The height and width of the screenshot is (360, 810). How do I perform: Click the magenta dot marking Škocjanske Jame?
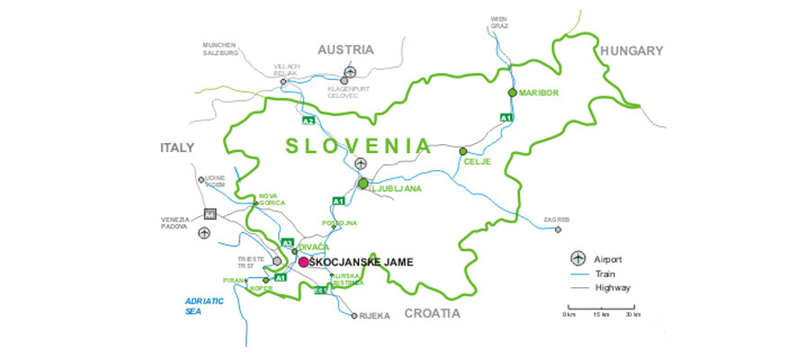(x=303, y=262)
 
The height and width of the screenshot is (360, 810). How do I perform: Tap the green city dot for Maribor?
(x=512, y=92)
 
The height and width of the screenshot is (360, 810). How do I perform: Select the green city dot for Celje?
(x=463, y=151)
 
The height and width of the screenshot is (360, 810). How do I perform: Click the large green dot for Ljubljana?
(x=364, y=184)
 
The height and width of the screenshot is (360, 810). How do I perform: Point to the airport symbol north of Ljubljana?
(x=360, y=165)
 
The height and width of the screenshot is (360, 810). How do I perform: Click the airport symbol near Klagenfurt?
(x=351, y=70)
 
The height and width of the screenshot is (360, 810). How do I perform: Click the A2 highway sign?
(x=309, y=121)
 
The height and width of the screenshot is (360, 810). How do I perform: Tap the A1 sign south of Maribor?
(x=506, y=118)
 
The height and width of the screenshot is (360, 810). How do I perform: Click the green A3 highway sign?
(x=288, y=243)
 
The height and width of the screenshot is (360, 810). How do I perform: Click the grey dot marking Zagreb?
(x=558, y=229)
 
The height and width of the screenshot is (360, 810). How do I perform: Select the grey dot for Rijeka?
(x=355, y=315)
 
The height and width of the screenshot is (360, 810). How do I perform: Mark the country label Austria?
(x=346, y=50)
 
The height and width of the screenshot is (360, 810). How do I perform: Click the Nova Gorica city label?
(x=271, y=200)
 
